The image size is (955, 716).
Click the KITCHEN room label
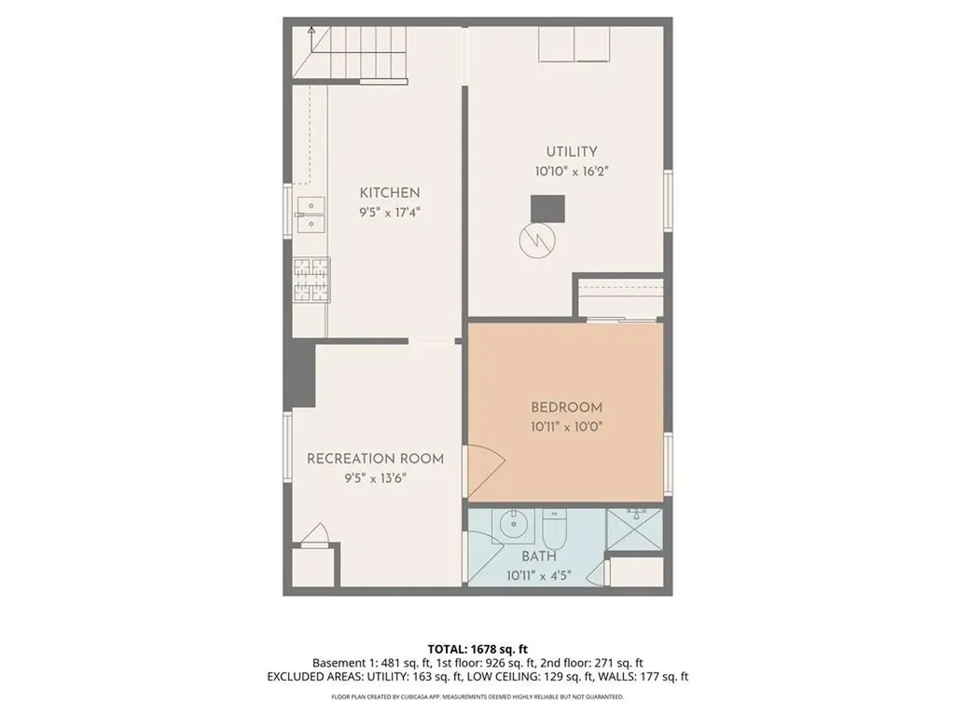(390, 193)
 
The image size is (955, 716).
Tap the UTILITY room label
(572, 152)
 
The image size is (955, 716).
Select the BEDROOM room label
(566, 407)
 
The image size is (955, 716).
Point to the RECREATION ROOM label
(375, 459)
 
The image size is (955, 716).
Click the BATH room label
(538, 557)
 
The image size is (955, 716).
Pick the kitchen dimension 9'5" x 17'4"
(390, 213)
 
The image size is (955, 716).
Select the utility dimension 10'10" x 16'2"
(572, 172)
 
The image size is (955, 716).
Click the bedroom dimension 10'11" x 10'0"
(566, 427)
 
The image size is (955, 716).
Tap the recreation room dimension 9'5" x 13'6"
(375, 478)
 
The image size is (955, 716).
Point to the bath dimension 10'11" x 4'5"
(538, 575)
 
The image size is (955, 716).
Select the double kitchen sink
(310, 214)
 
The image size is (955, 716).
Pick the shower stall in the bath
(634, 529)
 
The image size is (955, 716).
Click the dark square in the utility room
(547, 209)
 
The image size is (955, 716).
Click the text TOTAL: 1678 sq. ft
(477, 649)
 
